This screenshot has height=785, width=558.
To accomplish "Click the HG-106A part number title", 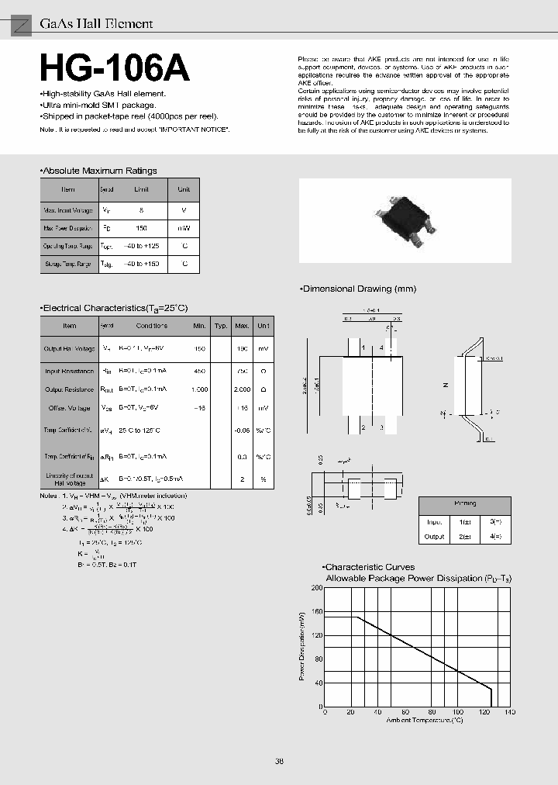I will tap(114, 70).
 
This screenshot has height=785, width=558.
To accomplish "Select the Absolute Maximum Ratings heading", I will tap(99, 171).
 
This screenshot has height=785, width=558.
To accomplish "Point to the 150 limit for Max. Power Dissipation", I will tap(141, 229).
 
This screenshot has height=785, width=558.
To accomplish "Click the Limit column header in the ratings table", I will tap(141, 189).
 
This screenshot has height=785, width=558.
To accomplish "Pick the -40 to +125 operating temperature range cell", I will tap(141, 246).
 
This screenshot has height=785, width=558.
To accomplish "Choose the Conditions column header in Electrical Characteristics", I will tap(151, 326).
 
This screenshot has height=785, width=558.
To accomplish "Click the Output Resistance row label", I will tap(69, 389).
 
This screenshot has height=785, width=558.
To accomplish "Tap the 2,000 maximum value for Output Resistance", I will tap(242, 389).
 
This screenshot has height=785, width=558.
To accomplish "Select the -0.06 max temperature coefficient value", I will tap(242, 429).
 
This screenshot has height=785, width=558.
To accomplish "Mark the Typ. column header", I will tap(221, 326).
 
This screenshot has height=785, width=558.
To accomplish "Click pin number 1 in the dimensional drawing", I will tap(362, 348).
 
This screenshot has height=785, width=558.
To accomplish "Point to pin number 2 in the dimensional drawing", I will tap(362, 427).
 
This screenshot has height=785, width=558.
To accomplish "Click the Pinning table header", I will tap(466, 503).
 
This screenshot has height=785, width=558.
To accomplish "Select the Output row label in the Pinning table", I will tap(434, 536).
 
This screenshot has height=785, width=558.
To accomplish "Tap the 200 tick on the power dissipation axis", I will tap(316, 588).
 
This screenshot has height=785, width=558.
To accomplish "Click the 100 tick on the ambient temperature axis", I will tap(457, 712).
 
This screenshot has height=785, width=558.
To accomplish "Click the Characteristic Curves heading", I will tap(370, 567).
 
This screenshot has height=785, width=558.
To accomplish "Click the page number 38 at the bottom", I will tap(279, 761).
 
